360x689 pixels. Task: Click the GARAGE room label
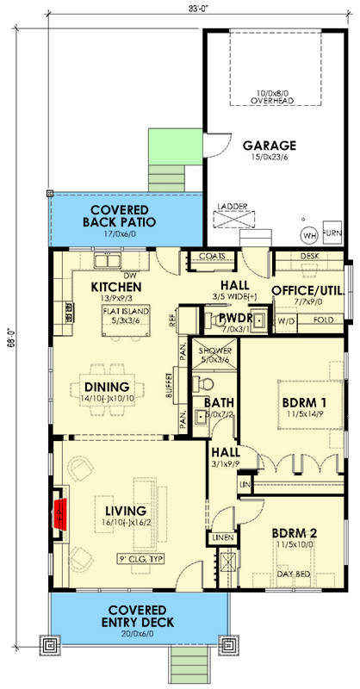click(270, 146)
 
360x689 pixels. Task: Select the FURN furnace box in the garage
click(329, 234)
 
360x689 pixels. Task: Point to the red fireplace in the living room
click(61, 514)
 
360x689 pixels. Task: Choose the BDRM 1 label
click(305, 401)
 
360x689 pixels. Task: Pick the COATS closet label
click(211, 256)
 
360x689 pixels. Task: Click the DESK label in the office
click(310, 256)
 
